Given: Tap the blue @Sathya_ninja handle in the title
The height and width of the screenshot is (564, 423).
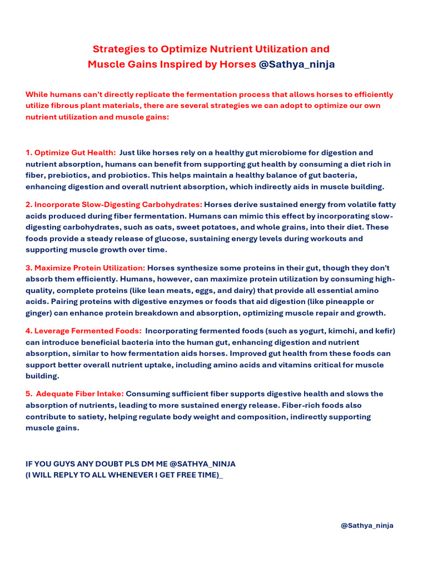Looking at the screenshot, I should pyautogui.click(x=296, y=64).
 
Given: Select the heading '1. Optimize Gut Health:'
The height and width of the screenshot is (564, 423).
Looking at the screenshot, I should pyautogui.click(x=70, y=153).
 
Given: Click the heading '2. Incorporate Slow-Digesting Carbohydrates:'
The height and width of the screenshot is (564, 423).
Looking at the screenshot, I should pyautogui.click(x=114, y=204).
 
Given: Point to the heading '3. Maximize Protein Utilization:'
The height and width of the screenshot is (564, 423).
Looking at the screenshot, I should pyautogui.click(x=85, y=268).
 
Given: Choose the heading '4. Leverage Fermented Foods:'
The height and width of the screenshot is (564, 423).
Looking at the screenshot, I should pyautogui.click(x=83, y=331).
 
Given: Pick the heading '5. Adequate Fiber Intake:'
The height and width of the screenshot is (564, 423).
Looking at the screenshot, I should pyautogui.click(x=75, y=394).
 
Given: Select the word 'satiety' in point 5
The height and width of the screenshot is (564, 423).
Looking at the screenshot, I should pyautogui.click(x=88, y=417).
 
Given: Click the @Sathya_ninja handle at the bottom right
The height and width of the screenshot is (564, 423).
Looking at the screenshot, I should pyautogui.click(x=367, y=525).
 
